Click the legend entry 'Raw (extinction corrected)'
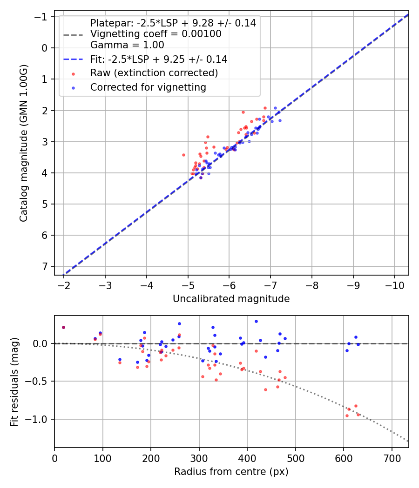click(154, 73)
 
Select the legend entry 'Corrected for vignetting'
click(148, 87)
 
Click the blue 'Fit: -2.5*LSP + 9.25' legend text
click(159, 59)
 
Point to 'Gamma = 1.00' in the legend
click(127, 45)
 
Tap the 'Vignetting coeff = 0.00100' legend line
click(155, 34)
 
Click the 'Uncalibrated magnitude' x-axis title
click(231, 299)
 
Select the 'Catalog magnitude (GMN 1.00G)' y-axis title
click(24, 143)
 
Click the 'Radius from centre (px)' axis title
click(231, 472)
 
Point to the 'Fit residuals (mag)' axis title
click(14, 382)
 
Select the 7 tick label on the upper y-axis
click(45, 266)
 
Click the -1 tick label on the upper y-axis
click(42, 17)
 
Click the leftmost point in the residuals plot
click(63, 327)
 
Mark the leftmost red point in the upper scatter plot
click(183, 155)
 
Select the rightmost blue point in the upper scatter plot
click(280, 120)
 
